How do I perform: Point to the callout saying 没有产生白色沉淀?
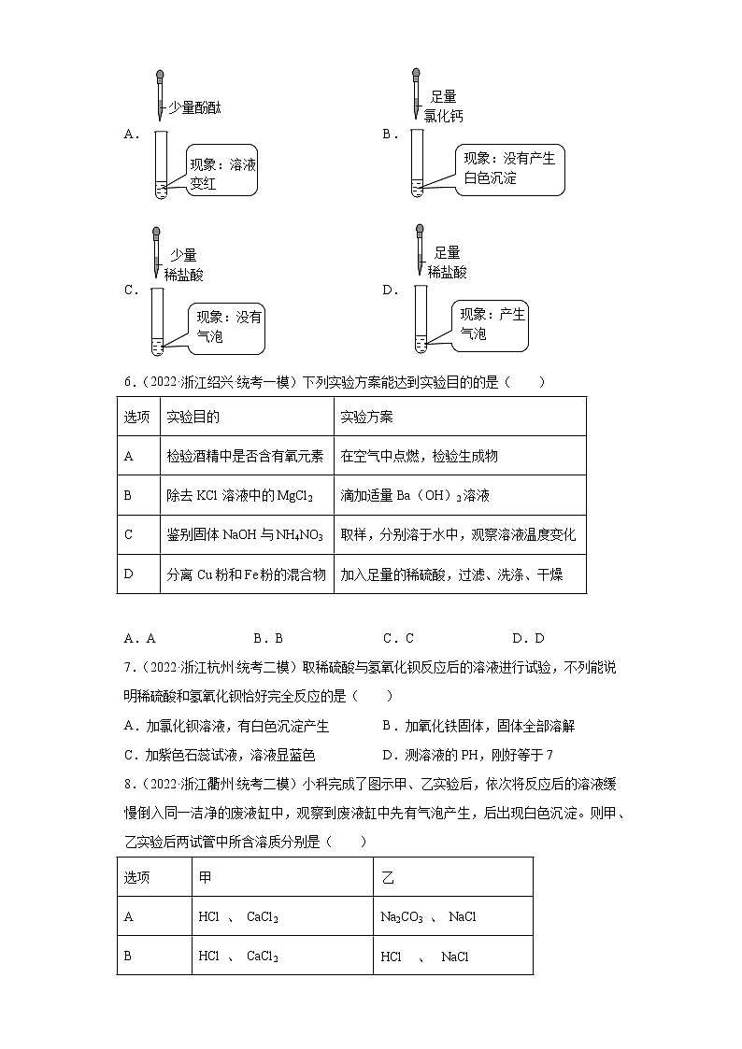510,169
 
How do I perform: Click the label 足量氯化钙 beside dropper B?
443,106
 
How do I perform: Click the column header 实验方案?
367,417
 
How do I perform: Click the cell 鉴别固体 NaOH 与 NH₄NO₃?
245,534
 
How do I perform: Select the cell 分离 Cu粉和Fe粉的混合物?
246,574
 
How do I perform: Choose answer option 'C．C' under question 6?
398,639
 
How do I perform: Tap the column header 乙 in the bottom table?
388,878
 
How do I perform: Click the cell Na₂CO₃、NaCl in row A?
429,917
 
